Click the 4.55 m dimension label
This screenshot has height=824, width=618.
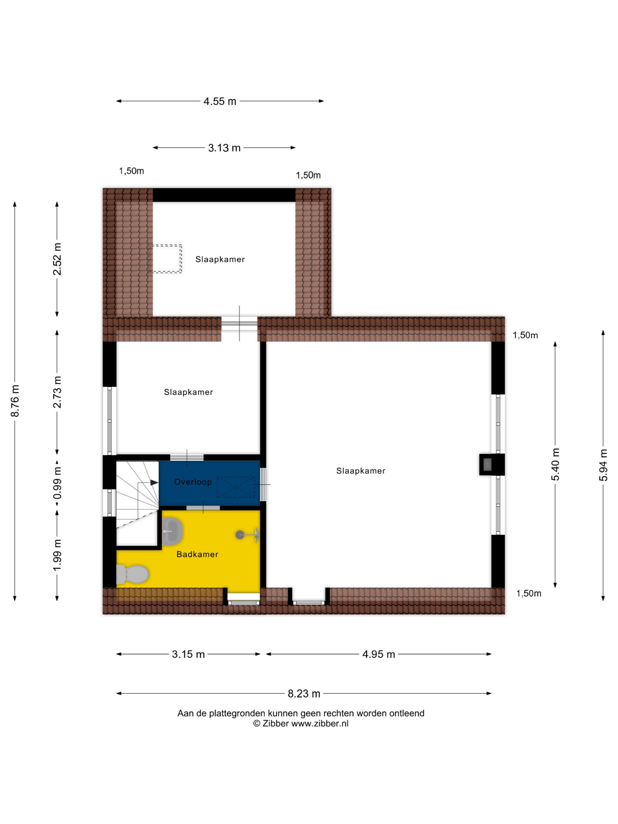click(220, 101)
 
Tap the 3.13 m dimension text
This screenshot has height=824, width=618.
click(224, 148)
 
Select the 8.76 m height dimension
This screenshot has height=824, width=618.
click(15, 401)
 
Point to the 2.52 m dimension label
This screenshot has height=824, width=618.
click(57, 259)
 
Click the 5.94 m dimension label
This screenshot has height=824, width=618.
click(603, 465)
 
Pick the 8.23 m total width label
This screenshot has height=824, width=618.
click(304, 694)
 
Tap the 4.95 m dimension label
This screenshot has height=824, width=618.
click(379, 654)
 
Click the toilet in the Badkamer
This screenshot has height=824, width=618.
click(132, 574)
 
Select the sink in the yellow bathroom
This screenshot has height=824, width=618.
click(173, 530)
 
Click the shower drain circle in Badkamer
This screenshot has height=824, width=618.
click(240, 535)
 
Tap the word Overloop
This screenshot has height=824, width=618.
click(193, 482)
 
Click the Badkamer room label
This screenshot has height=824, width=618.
click(197, 554)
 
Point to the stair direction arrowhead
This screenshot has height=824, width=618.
click(154, 482)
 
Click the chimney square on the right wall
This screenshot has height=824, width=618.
click(487, 464)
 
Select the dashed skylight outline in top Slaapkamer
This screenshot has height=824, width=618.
click(165, 259)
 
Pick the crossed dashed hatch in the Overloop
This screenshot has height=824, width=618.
click(236, 487)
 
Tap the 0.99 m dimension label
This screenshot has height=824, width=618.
click(57, 483)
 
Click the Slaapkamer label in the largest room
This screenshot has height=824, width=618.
click(361, 471)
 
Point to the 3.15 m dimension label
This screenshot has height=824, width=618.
click(189, 654)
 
